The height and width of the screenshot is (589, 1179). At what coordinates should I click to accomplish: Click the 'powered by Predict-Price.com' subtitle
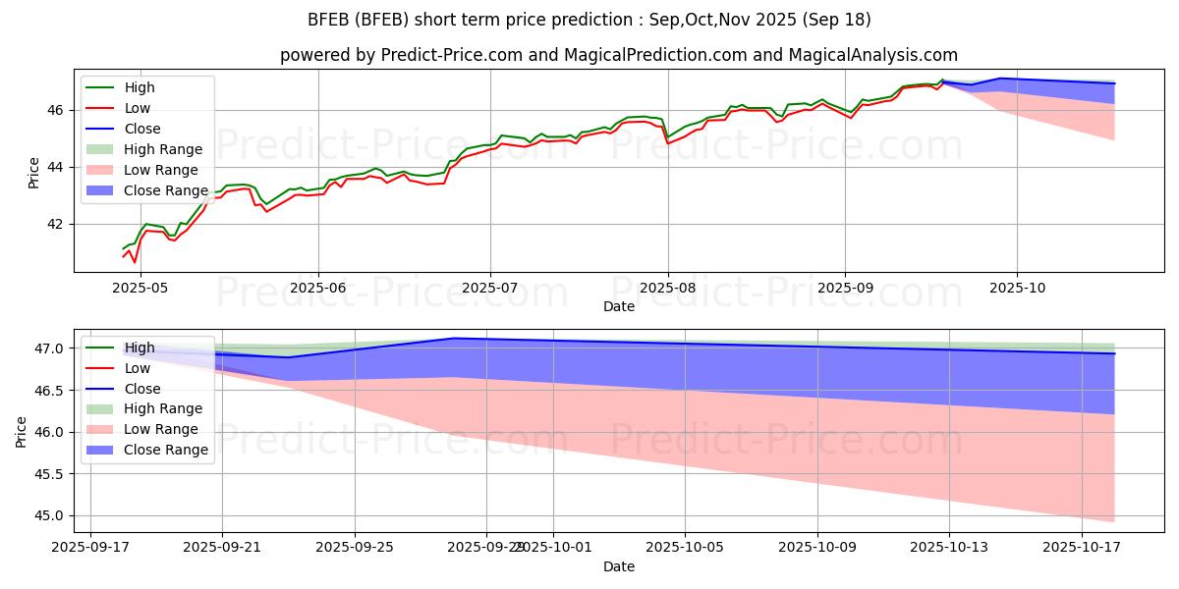(x=618, y=55)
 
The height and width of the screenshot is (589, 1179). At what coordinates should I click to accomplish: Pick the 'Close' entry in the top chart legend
(x=142, y=129)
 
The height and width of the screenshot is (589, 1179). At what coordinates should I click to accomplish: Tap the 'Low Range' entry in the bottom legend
(x=162, y=429)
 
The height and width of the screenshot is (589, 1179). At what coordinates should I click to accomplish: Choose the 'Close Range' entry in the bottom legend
(x=166, y=450)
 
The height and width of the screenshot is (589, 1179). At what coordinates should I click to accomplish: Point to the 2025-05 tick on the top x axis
(x=140, y=287)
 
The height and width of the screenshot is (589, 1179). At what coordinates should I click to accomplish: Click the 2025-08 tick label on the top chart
(x=668, y=287)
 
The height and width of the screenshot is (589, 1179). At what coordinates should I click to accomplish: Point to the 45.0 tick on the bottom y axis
(x=53, y=515)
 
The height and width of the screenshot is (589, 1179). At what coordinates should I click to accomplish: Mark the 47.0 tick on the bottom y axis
(x=53, y=348)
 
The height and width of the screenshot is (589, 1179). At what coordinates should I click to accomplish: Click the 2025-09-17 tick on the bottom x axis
(x=90, y=546)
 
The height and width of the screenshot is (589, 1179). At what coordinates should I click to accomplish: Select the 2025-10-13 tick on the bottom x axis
(x=949, y=546)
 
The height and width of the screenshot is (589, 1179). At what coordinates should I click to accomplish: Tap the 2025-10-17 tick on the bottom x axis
(x=1082, y=546)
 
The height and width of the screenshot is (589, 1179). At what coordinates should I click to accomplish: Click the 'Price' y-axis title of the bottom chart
(x=22, y=432)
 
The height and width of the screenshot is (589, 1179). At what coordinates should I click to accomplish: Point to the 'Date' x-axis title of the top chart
(x=619, y=306)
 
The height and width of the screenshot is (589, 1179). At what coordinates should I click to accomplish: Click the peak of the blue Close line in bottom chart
(x=454, y=339)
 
